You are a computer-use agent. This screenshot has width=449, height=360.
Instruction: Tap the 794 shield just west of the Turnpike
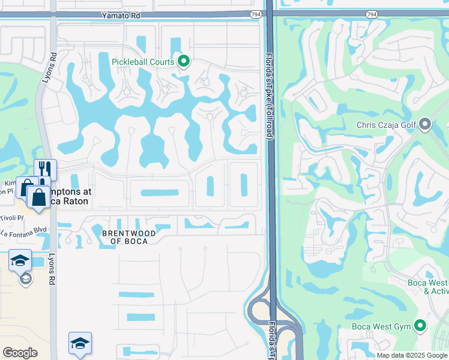coord(256,14)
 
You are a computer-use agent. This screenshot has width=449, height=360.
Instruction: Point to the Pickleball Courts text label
coord(143,62)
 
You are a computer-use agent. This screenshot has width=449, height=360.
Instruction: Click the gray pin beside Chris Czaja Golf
coord(426,125)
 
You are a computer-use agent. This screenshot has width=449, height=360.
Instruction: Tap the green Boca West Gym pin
coord(421,326)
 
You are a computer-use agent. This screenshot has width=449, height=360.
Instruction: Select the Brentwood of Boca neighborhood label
coord(129,236)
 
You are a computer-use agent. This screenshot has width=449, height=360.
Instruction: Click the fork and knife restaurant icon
coord(45,169)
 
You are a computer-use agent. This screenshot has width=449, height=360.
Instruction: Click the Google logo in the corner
coord(20,353)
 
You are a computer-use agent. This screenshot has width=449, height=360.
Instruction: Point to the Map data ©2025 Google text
coord(412,355)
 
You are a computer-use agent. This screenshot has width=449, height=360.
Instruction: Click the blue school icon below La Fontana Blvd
coord(20,260)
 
